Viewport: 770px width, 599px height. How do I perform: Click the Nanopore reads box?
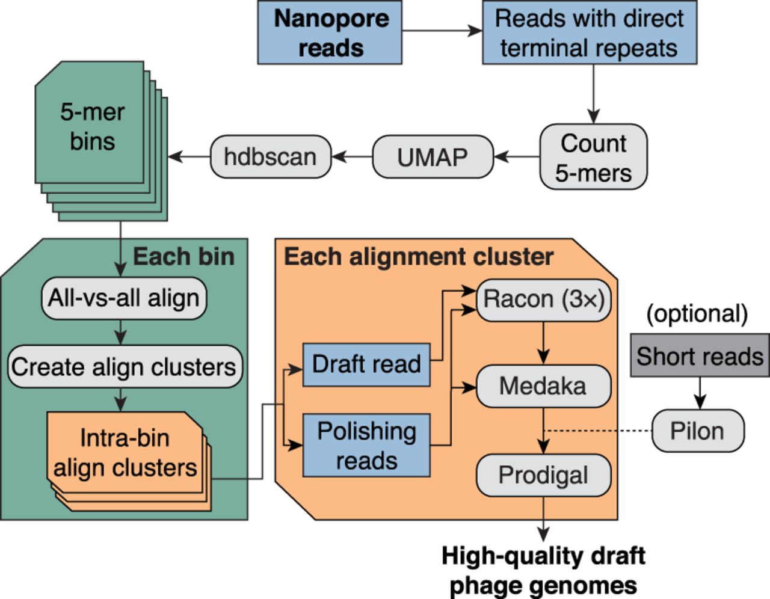click(330, 33)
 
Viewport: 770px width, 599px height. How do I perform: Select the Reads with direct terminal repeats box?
click(589, 33)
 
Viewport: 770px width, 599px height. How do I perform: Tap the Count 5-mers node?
click(593, 157)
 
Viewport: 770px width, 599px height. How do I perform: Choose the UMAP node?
click(433, 157)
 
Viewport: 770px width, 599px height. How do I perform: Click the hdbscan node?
click(270, 157)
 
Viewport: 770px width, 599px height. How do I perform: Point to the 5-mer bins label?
click(91, 126)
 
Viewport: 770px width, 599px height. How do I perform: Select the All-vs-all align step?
click(123, 298)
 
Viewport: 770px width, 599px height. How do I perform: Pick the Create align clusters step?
click(124, 366)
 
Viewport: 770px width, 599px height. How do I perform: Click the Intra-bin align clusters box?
click(125, 452)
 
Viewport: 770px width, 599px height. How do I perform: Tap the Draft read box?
click(366, 364)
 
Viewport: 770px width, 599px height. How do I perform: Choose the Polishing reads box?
click(366, 446)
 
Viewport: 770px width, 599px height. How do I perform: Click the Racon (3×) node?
click(543, 299)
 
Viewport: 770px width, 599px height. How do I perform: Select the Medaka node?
click(543, 386)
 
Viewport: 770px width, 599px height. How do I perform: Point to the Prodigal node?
click(543, 475)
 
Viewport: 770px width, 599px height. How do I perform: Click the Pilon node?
click(697, 431)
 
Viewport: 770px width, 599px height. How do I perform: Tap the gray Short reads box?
click(700, 356)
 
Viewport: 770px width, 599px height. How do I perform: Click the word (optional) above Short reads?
click(697, 314)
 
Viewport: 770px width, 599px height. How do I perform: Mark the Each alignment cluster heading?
click(418, 257)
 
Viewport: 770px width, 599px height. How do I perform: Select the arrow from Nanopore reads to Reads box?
click(442, 31)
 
